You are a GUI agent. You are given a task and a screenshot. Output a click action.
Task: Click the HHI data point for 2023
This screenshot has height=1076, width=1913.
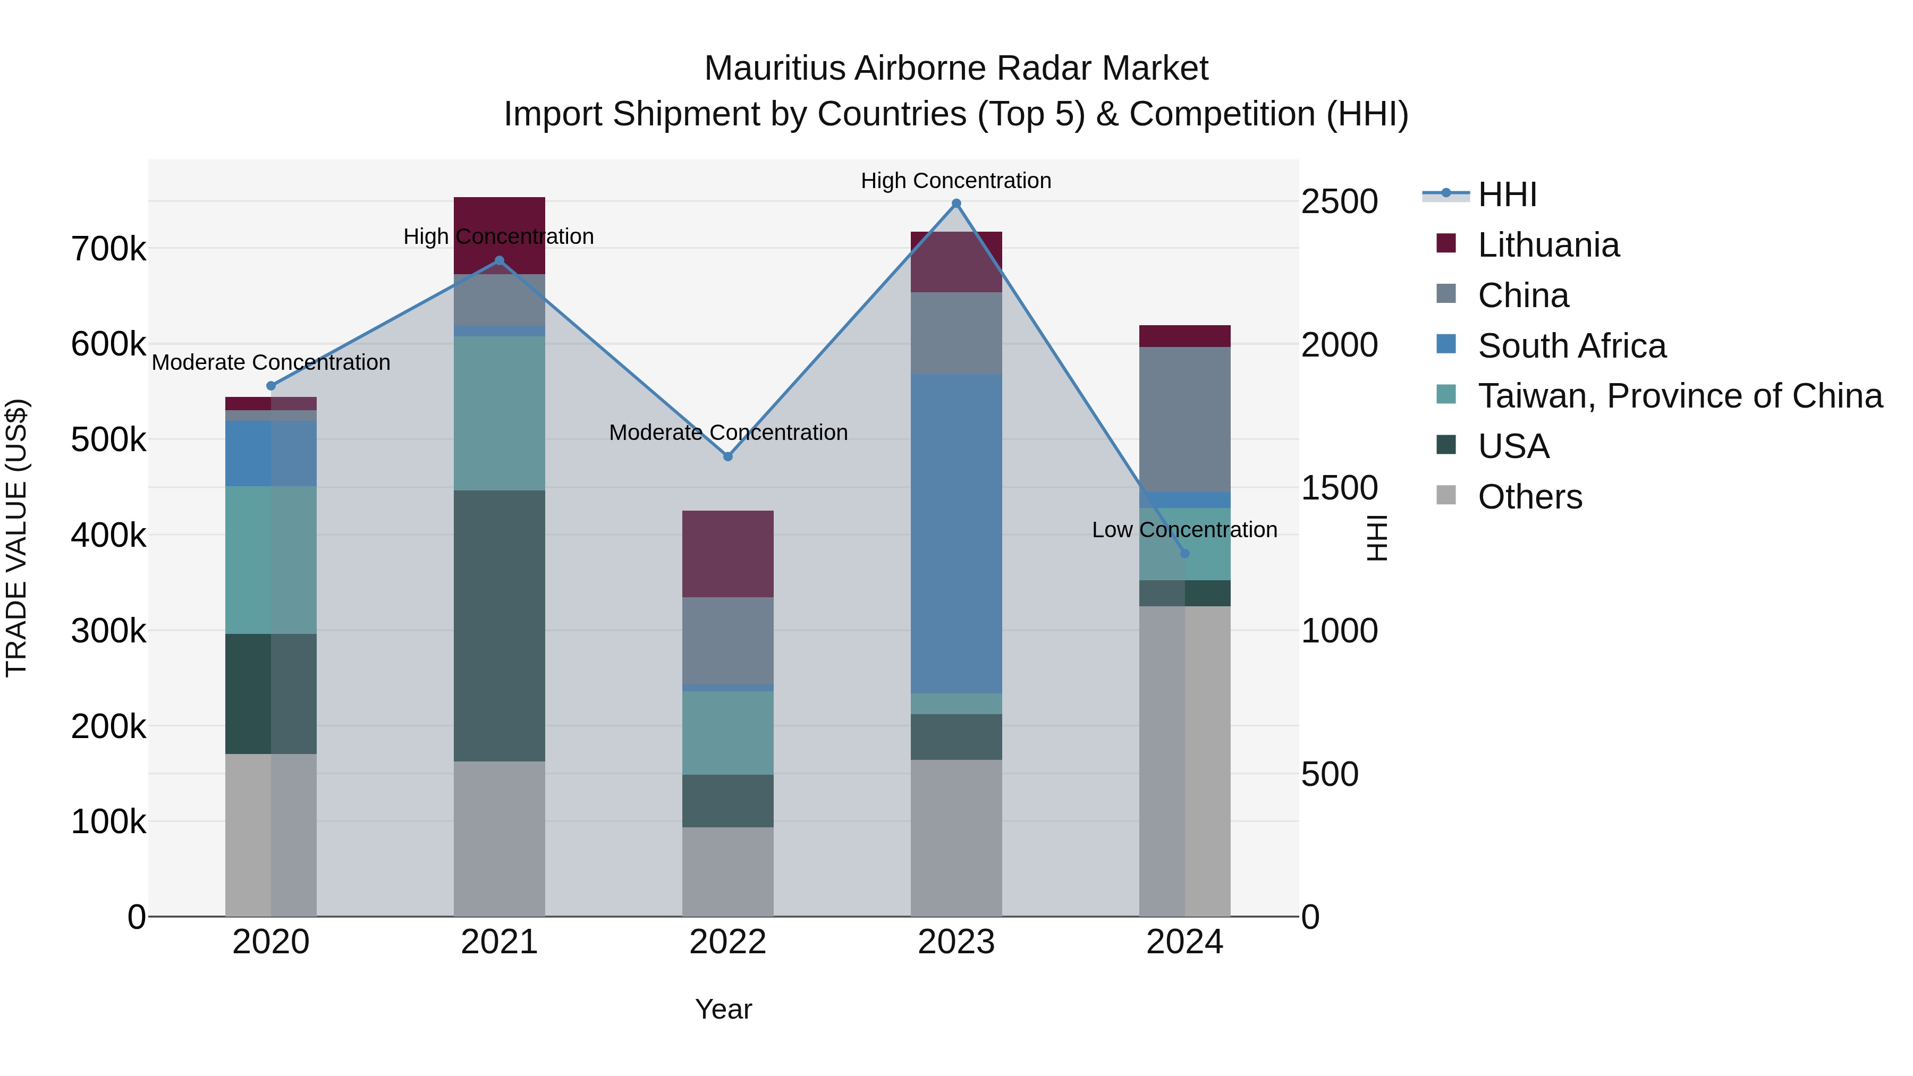(956, 204)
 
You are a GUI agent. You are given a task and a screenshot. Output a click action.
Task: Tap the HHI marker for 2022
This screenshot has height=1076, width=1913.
(728, 456)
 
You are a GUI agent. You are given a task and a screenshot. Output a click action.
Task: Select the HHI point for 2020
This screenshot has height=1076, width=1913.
(271, 385)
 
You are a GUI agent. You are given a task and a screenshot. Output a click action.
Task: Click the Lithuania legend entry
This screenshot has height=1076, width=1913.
(1548, 245)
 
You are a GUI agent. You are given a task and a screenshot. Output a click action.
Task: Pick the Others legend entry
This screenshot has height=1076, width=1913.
(1530, 497)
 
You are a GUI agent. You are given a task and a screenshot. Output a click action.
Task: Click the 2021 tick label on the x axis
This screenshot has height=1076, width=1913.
(499, 942)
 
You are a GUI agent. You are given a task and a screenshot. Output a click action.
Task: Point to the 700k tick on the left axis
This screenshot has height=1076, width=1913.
(108, 250)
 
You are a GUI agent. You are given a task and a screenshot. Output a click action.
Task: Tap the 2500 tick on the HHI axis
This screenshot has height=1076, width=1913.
(1339, 202)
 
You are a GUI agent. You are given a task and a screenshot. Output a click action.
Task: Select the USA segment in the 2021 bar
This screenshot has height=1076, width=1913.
(499, 625)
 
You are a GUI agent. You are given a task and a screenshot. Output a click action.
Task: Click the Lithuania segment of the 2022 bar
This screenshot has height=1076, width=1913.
(728, 554)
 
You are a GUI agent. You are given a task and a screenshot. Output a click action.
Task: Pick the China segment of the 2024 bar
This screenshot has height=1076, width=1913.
(1184, 420)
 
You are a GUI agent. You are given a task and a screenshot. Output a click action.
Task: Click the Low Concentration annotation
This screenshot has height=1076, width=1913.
(1184, 530)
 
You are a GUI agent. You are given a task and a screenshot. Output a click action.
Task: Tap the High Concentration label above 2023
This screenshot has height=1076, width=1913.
(956, 181)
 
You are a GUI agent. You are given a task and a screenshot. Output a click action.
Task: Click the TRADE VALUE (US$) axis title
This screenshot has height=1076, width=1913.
(16, 538)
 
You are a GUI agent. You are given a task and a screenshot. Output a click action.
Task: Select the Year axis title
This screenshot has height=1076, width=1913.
(723, 1009)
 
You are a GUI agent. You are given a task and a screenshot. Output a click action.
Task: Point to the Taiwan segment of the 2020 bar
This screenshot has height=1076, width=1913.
(271, 560)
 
